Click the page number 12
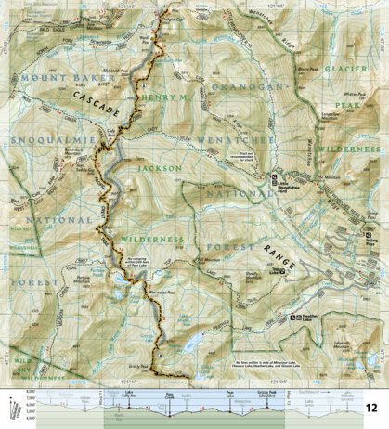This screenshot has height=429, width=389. (371, 408)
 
